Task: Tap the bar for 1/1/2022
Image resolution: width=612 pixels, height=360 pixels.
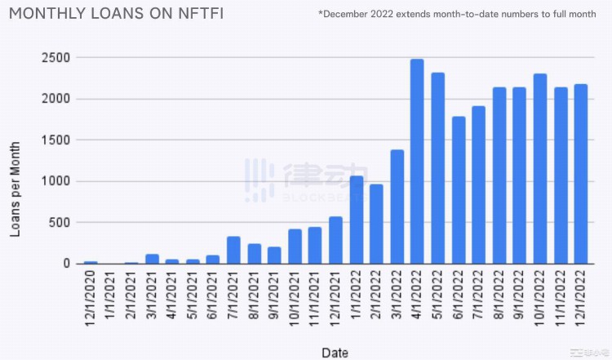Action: [356, 220]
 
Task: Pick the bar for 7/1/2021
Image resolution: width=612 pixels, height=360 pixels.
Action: [233, 250]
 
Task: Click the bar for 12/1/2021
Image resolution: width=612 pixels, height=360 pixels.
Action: [335, 240]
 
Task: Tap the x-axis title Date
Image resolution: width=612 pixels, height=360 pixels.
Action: [335, 353]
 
